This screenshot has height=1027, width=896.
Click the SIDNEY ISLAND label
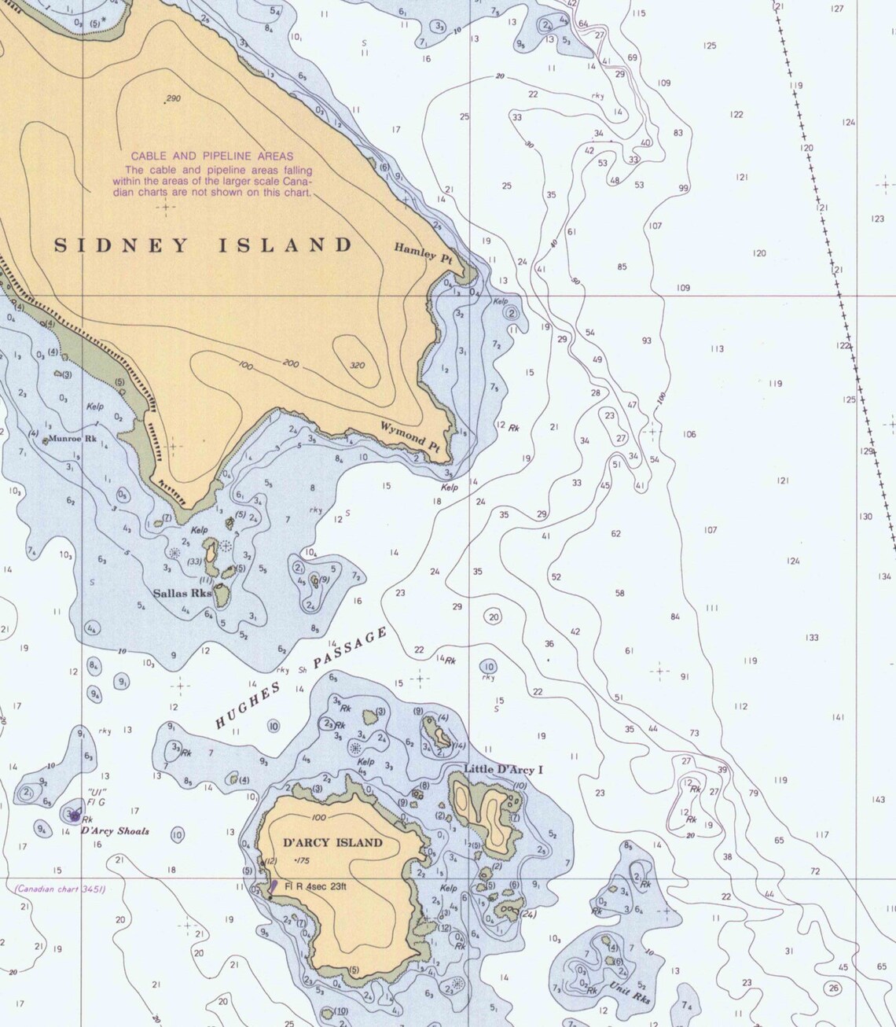click(204, 245)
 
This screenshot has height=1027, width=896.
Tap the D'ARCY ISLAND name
click(332, 842)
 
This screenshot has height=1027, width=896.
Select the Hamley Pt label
click(424, 252)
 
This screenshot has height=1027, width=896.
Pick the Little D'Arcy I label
click(503, 769)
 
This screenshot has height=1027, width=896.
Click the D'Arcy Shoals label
click(115, 831)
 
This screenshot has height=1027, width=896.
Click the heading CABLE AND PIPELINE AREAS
click(211, 156)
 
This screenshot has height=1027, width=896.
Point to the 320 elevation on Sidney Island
click(356, 365)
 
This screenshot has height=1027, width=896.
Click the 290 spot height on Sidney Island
click(172, 98)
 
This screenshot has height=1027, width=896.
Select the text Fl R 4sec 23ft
click(316, 885)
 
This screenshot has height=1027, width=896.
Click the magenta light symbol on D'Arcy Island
click(274, 886)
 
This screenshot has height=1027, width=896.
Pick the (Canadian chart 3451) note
click(60, 889)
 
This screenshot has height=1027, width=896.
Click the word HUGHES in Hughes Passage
click(248, 706)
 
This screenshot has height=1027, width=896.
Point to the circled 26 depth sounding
click(833, 988)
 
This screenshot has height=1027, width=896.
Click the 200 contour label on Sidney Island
click(292, 363)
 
